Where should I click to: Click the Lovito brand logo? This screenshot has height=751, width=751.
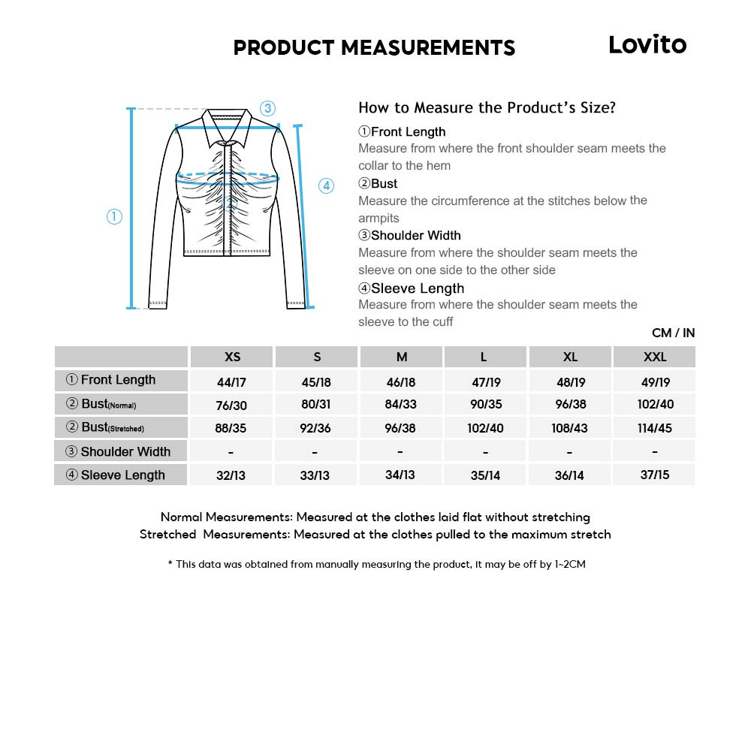pos(647,45)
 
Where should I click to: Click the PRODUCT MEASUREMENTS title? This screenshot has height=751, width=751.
pos(374,48)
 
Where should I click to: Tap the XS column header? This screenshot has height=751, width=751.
pos(233,357)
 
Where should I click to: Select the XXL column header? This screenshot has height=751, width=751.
pos(655,357)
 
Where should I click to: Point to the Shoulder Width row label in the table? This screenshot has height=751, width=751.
pos(119,451)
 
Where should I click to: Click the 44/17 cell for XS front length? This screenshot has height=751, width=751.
pos(231,382)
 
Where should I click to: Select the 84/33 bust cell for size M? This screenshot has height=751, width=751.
pos(401,405)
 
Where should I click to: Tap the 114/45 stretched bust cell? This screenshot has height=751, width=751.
pos(655,428)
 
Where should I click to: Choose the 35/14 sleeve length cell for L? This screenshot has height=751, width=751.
pos(486,475)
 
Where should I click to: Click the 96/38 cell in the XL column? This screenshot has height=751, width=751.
pos(571,405)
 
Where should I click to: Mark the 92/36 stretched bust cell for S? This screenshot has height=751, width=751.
pos(316,428)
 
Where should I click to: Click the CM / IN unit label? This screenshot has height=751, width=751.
pos(673,333)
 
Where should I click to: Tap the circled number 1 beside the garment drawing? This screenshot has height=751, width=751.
pos(114,217)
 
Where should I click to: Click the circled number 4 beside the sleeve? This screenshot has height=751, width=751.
pos(326,186)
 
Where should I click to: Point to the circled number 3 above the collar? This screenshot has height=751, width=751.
pos(268,107)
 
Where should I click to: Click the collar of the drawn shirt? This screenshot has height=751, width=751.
pos(228,124)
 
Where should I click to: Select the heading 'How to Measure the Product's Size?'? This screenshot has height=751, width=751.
pos(487,107)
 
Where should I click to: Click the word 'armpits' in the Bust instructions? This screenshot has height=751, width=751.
pos(379,218)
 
